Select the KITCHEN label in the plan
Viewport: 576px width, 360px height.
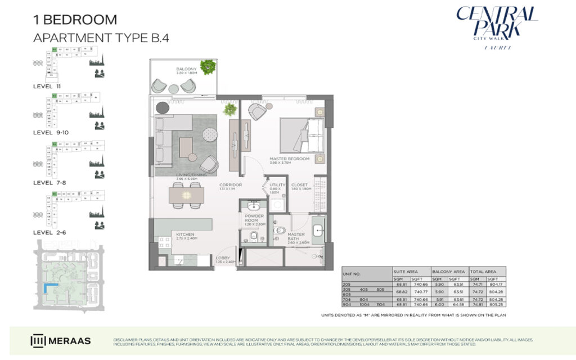pyautogui.click(x=185, y=234)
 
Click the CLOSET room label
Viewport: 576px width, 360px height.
pyautogui.click(x=299, y=185)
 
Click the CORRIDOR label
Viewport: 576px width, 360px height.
pyautogui.click(x=231, y=185)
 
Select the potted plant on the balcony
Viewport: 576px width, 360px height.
pyautogui.click(x=209, y=67)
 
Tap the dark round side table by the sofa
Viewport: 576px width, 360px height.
pyautogui.click(x=163, y=107)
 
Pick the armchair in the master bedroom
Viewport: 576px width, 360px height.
pyautogui.click(x=259, y=111)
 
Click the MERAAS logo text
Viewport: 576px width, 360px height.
pyautogui.click(x=70, y=341)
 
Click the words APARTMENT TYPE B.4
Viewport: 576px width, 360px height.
pyautogui.click(x=101, y=38)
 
